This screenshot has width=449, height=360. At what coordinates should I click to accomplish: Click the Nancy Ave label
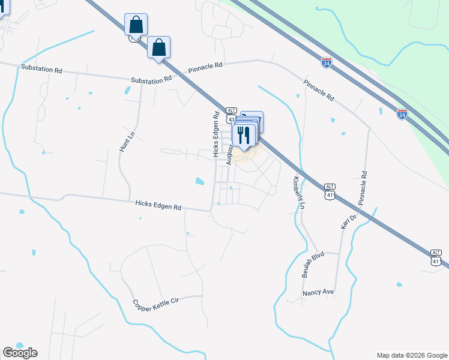point(318,293)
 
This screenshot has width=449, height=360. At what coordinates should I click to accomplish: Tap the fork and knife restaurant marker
point(243,134)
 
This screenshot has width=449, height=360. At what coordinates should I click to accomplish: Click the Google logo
point(20,353)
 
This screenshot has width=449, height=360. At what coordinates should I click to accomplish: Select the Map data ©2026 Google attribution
point(411,355)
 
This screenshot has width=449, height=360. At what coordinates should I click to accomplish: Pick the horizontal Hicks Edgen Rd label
point(158,206)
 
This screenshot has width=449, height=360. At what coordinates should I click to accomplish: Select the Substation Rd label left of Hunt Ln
point(41,70)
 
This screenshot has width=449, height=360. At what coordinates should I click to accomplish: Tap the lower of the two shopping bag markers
point(158,47)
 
